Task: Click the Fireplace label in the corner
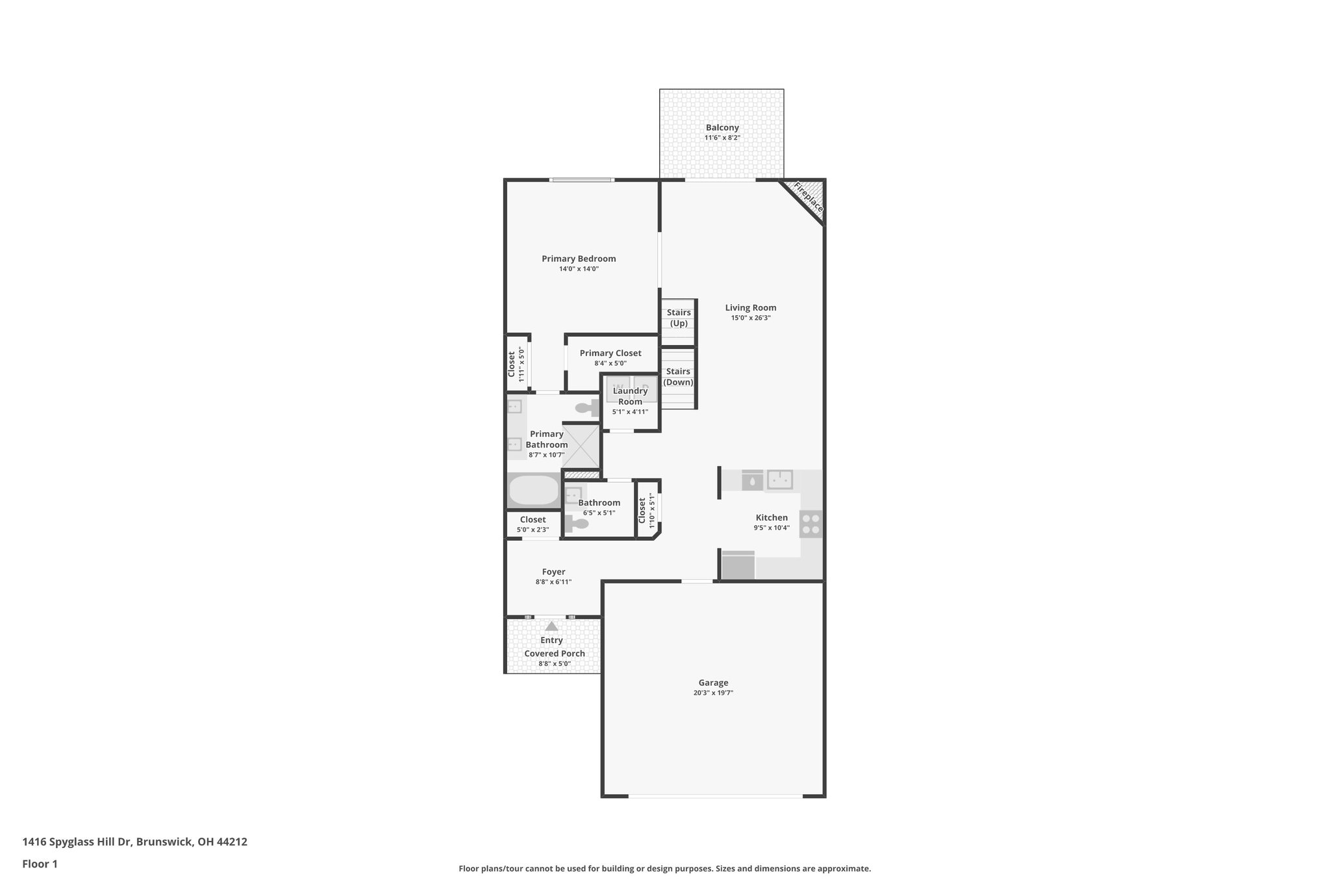(x=809, y=198)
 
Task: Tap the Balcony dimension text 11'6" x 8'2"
(x=722, y=138)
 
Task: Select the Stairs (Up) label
(x=679, y=318)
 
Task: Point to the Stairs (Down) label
(x=678, y=377)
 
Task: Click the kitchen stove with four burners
(x=810, y=524)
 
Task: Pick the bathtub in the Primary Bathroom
(x=534, y=491)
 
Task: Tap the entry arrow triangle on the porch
(x=551, y=626)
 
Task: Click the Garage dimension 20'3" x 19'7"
(x=713, y=693)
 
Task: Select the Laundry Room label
(x=630, y=396)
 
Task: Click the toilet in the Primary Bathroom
(x=588, y=409)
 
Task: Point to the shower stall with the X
(x=581, y=446)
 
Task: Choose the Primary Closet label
(x=610, y=353)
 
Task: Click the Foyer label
(x=553, y=572)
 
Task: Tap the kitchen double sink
(x=779, y=480)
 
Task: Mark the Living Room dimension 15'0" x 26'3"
(x=751, y=318)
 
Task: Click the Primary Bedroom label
(x=579, y=259)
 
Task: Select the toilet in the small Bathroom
(x=577, y=523)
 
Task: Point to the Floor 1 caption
(x=40, y=864)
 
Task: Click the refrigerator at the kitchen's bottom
(x=738, y=565)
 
